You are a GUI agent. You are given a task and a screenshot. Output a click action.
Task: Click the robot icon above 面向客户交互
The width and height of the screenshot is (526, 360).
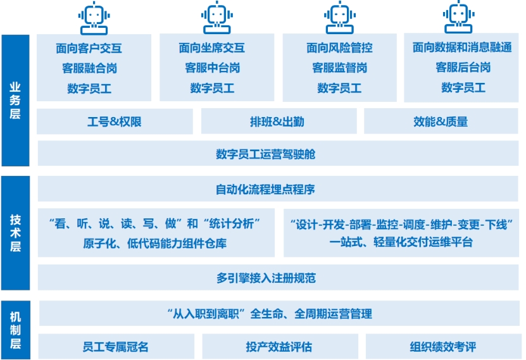(94, 18)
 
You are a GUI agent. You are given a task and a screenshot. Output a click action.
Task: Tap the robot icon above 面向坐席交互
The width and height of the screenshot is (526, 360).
(216, 18)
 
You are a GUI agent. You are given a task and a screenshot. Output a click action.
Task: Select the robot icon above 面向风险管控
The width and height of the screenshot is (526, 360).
(339, 18)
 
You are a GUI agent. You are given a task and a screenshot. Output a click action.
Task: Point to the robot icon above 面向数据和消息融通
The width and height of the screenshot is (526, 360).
(460, 18)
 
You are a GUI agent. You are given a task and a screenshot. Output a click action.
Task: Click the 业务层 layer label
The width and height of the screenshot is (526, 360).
(15, 100)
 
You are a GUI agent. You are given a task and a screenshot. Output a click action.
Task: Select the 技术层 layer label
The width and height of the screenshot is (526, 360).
(15, 232)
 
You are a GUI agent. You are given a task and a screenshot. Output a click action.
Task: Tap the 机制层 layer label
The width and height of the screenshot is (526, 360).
(15, 330)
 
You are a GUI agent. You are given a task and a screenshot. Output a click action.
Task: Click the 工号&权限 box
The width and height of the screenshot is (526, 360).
(115, 121)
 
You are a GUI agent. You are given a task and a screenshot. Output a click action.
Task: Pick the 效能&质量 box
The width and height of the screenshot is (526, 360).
(441, 121)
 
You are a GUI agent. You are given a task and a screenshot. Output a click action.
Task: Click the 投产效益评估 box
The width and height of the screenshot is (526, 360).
(279, 347)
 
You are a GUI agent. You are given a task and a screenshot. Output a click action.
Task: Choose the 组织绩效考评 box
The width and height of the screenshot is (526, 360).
(442, 347)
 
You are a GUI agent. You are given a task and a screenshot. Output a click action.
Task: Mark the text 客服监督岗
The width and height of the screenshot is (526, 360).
(339, 68)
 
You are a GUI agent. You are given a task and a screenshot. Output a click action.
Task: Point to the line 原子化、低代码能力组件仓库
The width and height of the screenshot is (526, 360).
(154, 243)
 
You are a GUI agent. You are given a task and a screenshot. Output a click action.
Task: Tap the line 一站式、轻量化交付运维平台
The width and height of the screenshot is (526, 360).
(401, 242)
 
